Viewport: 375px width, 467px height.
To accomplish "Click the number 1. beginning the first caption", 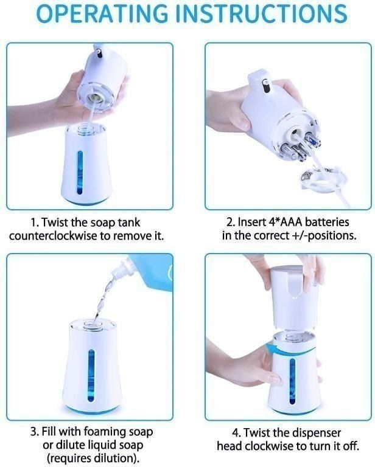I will coord(35,223).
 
